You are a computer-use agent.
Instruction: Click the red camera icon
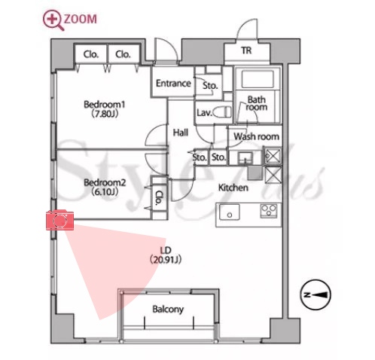point(59,220)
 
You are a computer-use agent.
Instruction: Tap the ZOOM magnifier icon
point(53,20)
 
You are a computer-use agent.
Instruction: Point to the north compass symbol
point(316,294)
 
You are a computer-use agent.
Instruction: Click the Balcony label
point(168,309)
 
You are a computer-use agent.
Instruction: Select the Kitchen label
point(233,188)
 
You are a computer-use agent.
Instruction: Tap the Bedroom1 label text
point(105,104)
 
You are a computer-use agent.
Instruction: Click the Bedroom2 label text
point(105,182)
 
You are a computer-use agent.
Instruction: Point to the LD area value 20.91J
point(166,260)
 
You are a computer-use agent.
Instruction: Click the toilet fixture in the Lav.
point(223,112)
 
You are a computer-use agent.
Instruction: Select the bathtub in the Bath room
point(257,79)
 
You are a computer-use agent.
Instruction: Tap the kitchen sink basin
point(230,212)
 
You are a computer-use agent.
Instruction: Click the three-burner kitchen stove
point(269,210)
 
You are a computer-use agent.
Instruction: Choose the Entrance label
point(173,83)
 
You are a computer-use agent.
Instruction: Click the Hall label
point(181,133)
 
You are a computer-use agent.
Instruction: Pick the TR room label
point(246,50)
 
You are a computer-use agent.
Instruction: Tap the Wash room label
point(256,136)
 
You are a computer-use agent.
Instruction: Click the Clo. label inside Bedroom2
point(159,198)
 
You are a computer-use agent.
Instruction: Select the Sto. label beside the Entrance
point(210,86)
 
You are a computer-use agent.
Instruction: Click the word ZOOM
point(81,20)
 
